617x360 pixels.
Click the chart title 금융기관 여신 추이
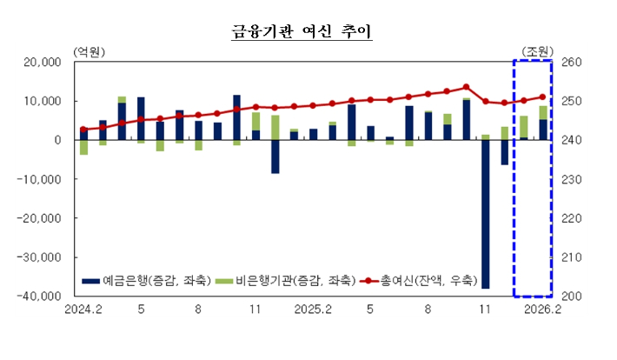[301, 32]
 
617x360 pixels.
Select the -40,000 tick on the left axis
[41, 297]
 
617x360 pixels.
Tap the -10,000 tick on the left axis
[41, 180]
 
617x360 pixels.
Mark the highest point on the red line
[467, 87]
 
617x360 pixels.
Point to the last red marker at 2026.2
[543, 97]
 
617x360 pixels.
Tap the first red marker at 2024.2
[83, 130]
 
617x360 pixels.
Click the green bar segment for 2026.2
[543, 112]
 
